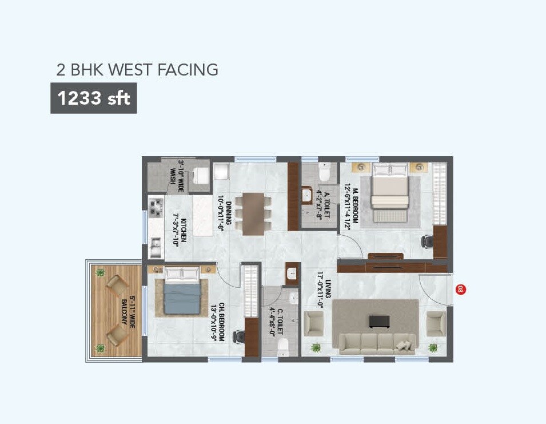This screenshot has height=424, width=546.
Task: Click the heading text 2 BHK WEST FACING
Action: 137,70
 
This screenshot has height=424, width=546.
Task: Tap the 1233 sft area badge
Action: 94,98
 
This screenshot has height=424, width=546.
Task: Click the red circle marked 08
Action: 459,290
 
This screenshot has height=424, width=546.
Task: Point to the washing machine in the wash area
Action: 201,176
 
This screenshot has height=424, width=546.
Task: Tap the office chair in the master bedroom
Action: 426,241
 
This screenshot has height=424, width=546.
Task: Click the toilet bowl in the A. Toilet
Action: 324,172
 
